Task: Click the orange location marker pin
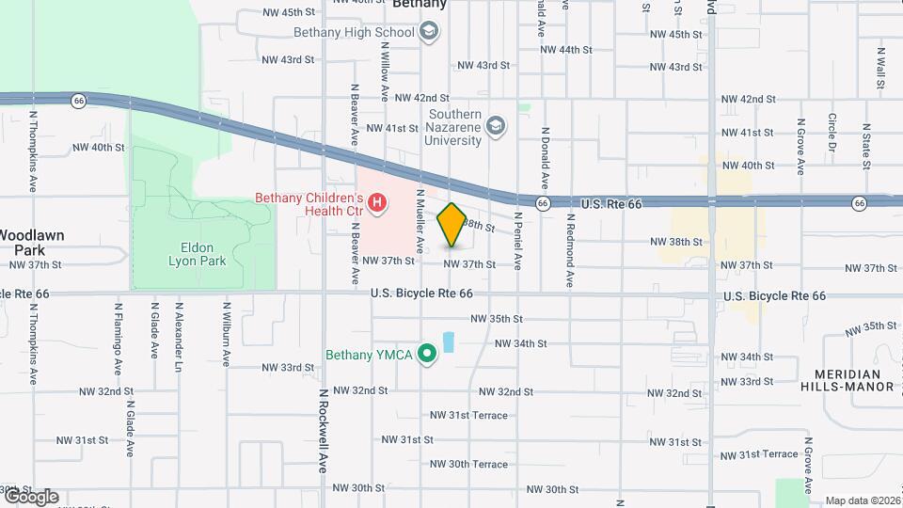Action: tap(451, 225)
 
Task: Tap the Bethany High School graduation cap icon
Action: tap(430, 33)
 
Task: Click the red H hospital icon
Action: tap(377, 202)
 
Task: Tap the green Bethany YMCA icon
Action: tap(427, 355)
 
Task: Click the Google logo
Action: tap(30, 496)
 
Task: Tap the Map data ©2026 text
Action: tap(861, 500)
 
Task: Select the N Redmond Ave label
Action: tap(570, 249)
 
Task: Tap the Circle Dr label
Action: tap(832, 133)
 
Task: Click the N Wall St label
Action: tap(880, 68)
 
